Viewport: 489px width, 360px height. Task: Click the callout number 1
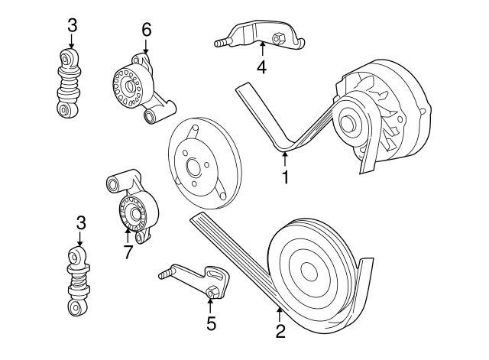coord(285,178)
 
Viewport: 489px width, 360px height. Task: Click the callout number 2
coord(280,331)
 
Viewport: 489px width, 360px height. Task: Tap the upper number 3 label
coord(72,25)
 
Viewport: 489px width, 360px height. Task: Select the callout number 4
coord(261,67)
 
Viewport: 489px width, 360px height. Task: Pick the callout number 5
coord(212,323)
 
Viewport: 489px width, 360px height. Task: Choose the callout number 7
coord(128,251)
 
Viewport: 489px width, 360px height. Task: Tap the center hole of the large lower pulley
coord(309,271)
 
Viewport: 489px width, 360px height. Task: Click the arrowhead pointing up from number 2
coord(280,310)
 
